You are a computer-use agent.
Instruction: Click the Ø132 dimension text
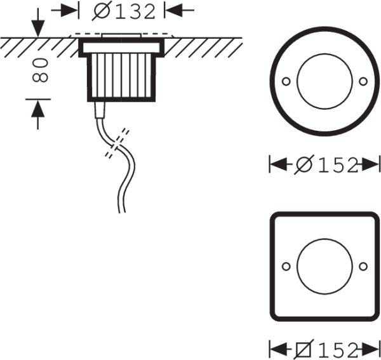[x=123, y=11]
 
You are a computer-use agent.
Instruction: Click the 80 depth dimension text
[x=40, y=70]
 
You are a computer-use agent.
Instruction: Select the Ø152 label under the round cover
[x=327, y=164]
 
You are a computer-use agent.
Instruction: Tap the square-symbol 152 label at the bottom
[x=327, y=349]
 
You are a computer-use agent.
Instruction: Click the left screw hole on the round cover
[x=286, y=81]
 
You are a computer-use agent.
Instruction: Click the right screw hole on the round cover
[x=363, y=81]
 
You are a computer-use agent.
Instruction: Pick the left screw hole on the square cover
[x=286, y=266]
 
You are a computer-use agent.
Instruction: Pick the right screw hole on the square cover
[x=363, y=266]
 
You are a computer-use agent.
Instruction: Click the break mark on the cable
[x=117, y=143]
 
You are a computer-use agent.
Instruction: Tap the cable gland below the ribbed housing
[x=100, y=110]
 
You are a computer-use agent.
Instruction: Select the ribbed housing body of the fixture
[x=121, y=77]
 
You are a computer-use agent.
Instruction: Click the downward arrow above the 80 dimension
[x=38, y=23]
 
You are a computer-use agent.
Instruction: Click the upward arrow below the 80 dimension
[x=38, y=115]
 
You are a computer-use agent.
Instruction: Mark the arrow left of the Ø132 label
[x=65, y=10]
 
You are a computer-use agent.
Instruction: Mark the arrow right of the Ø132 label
[x=179, y=10]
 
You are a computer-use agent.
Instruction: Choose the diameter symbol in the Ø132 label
[x=102, y=11]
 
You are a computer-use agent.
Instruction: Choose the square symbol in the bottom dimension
[x=304, y=349]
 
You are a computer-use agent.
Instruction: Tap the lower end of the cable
[x=122, y=213]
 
